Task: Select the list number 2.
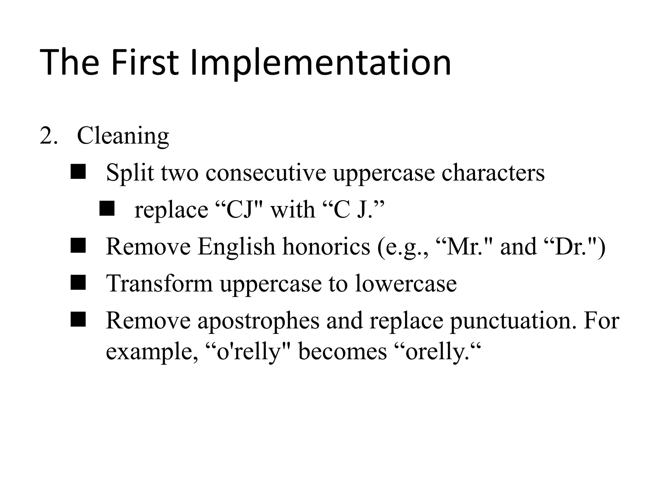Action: (x=48, y=136)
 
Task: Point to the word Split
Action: (x=130, y=173)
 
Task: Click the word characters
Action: (x=493, y=173)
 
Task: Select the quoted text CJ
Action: (x=239, y=210)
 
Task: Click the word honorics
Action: (x=326, y=247)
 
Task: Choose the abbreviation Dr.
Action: (x=569, y=247)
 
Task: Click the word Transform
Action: (x=159, y=284)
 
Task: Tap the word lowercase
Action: (x=406, y=284)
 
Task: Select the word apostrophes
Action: (x=258, y=321)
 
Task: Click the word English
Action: (x=236, y=247)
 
